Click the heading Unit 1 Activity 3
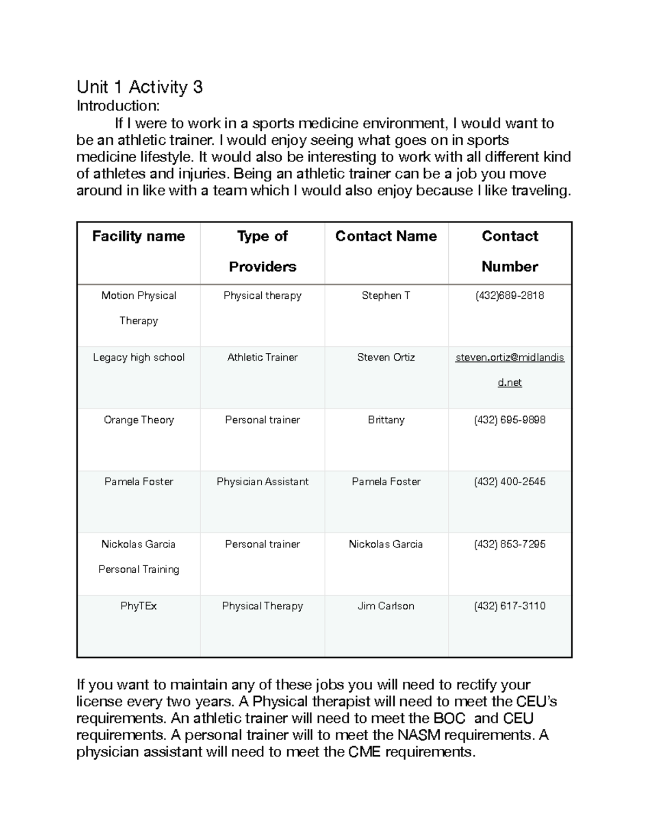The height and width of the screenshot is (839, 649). point(140,87)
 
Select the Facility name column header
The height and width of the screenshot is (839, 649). point(138,236)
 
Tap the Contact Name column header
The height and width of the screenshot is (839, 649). point(386,236)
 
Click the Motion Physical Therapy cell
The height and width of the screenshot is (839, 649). point(138,307)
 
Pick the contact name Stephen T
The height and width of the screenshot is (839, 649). point(386,296)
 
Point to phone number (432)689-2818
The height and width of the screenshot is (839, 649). point(509,296)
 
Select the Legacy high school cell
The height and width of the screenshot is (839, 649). point(138,358)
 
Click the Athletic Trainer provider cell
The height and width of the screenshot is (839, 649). point(262,358)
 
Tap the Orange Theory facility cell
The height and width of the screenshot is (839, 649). point(138,420)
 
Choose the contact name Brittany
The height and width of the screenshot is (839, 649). point(386,420)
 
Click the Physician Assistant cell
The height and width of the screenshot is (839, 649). point(262,481)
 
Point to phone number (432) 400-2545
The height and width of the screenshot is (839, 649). point(509,481)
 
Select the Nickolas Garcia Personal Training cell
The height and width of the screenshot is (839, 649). point(138,556)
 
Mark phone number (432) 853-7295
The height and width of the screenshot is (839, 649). point(509,544)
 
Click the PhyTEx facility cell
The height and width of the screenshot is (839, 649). point(138,606)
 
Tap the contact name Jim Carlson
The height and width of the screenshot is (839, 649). point(386,606)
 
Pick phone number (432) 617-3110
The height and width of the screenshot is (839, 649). point(509,606)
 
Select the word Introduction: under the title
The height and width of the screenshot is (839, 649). point(118,106)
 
